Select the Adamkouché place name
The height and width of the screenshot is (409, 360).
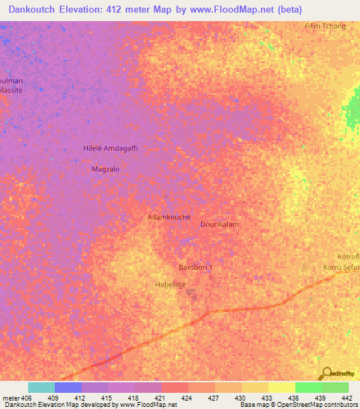169,218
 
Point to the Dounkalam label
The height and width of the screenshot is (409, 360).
220,224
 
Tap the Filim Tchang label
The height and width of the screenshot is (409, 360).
325,26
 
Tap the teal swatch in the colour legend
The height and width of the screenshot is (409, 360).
41,387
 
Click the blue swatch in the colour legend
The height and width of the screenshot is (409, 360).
68,387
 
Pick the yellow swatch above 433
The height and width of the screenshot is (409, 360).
255,387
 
